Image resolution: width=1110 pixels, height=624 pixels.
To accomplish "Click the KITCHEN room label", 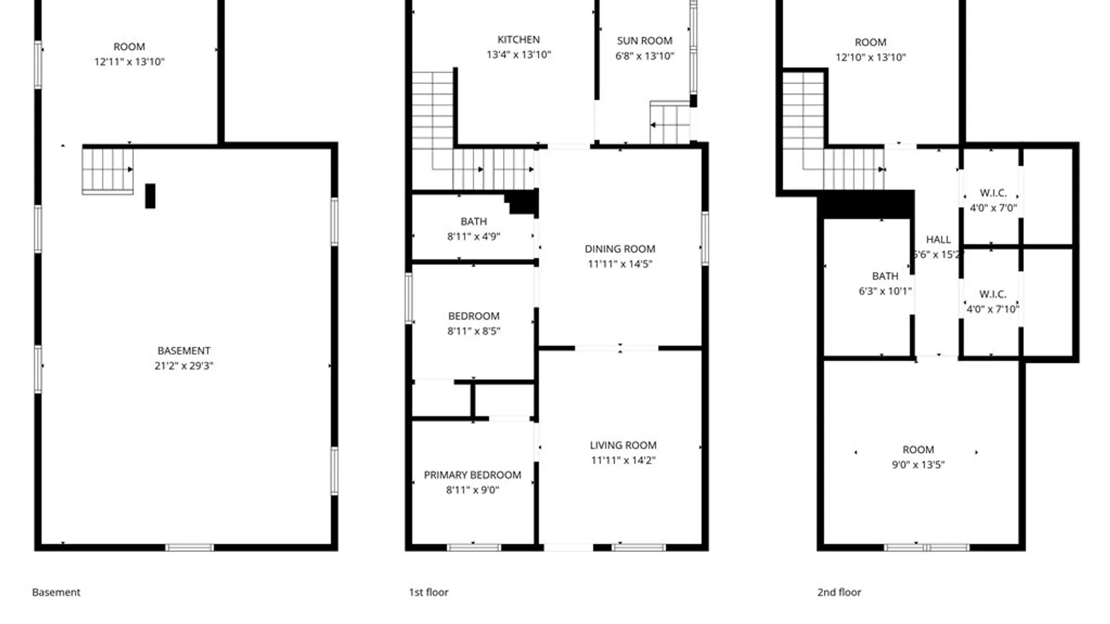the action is pyautogui.click(x=519, y=40).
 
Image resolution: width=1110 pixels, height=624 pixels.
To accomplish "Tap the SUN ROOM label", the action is pyautogui.click(x=645, y=41).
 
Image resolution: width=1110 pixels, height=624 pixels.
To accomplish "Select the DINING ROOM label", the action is pyautogui.click(x=620, y=249).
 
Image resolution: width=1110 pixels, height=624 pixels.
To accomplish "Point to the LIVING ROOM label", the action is pyautogui.click(x=623, y=445).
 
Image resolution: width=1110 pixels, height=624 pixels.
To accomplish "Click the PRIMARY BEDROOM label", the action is pyautogui.click(x=472, y=475).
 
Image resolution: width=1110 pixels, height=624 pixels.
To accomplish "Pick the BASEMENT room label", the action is pyautogui.click(x=184, y=351).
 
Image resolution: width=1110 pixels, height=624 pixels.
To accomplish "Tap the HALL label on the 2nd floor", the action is pyautogui.click(x=938, y=239).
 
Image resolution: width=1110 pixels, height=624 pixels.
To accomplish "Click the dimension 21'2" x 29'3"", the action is pyautogui.click(x=184, y=366).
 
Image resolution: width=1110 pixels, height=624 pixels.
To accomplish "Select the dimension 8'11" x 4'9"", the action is pyautogui.click(x=473, y=236).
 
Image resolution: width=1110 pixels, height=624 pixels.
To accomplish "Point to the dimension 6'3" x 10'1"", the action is pyautogui.click(x=885, y=291).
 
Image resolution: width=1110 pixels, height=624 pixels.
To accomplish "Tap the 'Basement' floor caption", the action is pyautogui.click(x=56, y=592).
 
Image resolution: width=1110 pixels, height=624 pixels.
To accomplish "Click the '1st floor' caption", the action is pyautogui.click(x=428, y=592).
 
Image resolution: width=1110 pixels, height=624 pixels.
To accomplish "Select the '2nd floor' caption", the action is pyautogui.click(x=839, y=592).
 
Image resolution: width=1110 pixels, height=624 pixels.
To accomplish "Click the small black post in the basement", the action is pyautogui.click(x=150, y=196).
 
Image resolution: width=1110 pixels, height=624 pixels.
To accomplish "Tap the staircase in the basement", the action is pyautogui.click(x=108, y=171).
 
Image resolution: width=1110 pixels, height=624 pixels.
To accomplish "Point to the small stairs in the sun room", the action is pyautogui.click(x=669, y=122).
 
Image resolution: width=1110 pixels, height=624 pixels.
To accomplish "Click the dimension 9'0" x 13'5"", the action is pyautogui.click(x=918, y=465).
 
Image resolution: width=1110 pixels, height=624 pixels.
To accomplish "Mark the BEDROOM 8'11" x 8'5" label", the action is pyautogui.click(x=473, y=324).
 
